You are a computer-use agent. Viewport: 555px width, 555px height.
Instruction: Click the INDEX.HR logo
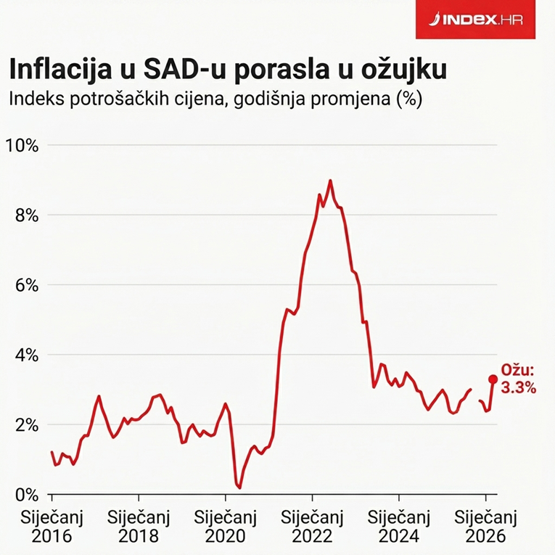tap(479, 20)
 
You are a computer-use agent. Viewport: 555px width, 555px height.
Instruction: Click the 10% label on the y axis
tap(22, 145)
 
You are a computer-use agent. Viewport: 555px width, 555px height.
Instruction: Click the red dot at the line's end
tap(493, 379)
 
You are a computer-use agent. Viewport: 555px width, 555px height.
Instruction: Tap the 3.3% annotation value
tap(519, 388)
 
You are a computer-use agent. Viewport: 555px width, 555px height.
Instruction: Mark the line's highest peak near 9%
tap(330, 181)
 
